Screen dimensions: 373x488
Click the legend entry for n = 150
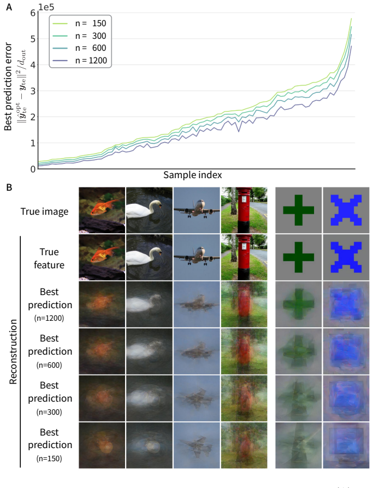79,23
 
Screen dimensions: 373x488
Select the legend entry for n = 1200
79,60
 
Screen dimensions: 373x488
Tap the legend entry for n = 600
79,48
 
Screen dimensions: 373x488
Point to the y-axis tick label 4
33,65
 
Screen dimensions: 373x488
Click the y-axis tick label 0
33,169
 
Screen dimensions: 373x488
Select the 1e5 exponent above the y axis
46,7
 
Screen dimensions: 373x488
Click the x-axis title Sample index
193,175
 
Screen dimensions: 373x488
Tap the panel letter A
9,7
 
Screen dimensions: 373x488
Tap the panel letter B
9,187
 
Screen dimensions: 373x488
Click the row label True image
44,211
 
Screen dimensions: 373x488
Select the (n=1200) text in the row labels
49,318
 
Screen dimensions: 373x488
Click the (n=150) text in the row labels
49,458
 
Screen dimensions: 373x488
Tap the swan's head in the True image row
157,204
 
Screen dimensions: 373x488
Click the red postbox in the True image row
244,210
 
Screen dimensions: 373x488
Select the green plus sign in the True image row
298,210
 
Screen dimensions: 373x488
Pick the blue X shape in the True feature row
346,257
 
